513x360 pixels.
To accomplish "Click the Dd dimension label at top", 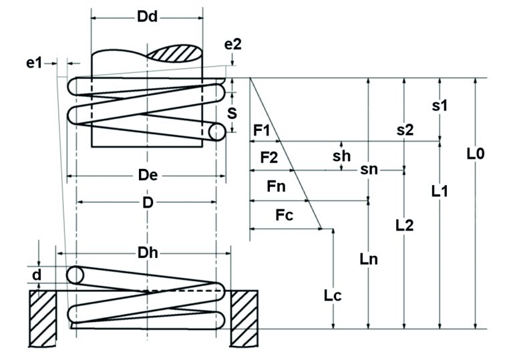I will click(x=147, y=18).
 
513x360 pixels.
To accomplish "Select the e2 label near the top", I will click(x=233, y=45).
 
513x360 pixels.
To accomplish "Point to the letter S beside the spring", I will click(x=232, y=114).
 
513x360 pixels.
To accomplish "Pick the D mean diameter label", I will click(x=147, y=201).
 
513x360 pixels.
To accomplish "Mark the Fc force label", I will click(x=284, y=216).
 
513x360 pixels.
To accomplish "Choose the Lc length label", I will click(x=332, y=295).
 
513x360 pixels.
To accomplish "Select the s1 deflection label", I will click(x=440, y=105).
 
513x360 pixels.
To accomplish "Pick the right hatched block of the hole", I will click(x=244, y=317).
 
